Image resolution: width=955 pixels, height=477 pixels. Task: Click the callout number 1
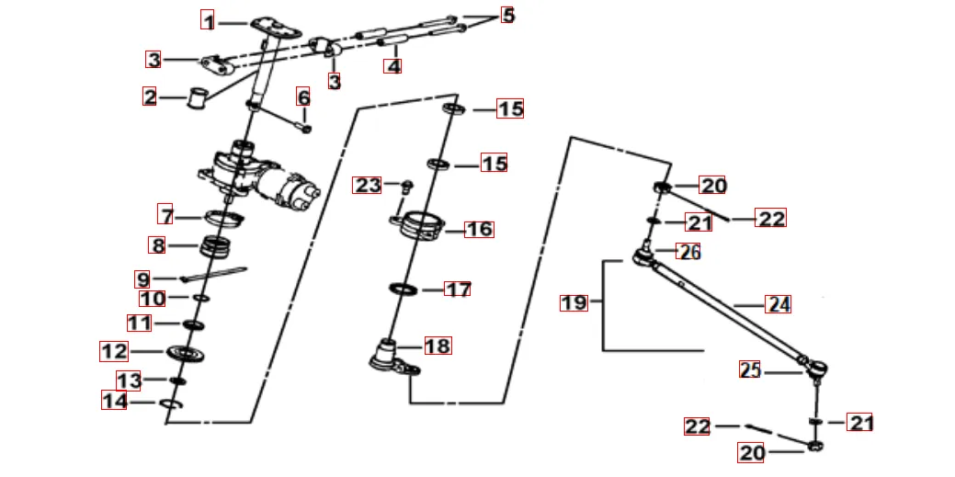pyautogui.click(x=210, y=20)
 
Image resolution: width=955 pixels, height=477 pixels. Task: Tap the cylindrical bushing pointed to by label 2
pyautogui.click(x=196, y=97)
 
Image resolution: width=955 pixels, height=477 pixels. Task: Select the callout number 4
pyautogui.click(x=393, y=66)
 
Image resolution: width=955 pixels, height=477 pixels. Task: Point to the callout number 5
pyautogui.click(x=507, y=16)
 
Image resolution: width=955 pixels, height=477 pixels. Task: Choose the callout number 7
pyautogui.click(x=165, y=217)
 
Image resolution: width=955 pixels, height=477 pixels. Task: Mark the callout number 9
pyautogui.click(x=142, y=278)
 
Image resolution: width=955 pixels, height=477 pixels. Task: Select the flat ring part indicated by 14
pyautogui.click(x=172, y=404)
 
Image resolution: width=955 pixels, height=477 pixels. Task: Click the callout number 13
pyautogui.click(x=129, y=380)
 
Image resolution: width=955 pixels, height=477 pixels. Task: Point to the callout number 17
pyautogui.click(x=458, y=290)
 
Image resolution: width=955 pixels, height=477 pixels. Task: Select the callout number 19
pyautogui.click(x=574, y=302)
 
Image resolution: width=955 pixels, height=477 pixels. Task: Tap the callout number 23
pyautogui.click(x=368, y=186)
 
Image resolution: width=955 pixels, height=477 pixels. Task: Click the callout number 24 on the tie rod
pyautogui.click(x=778, y=304)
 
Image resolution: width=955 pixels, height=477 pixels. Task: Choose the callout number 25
pyautogui.click(x=750, y=370)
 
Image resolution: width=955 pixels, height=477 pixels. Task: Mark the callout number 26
pyautogui.click(x=688, y=251)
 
